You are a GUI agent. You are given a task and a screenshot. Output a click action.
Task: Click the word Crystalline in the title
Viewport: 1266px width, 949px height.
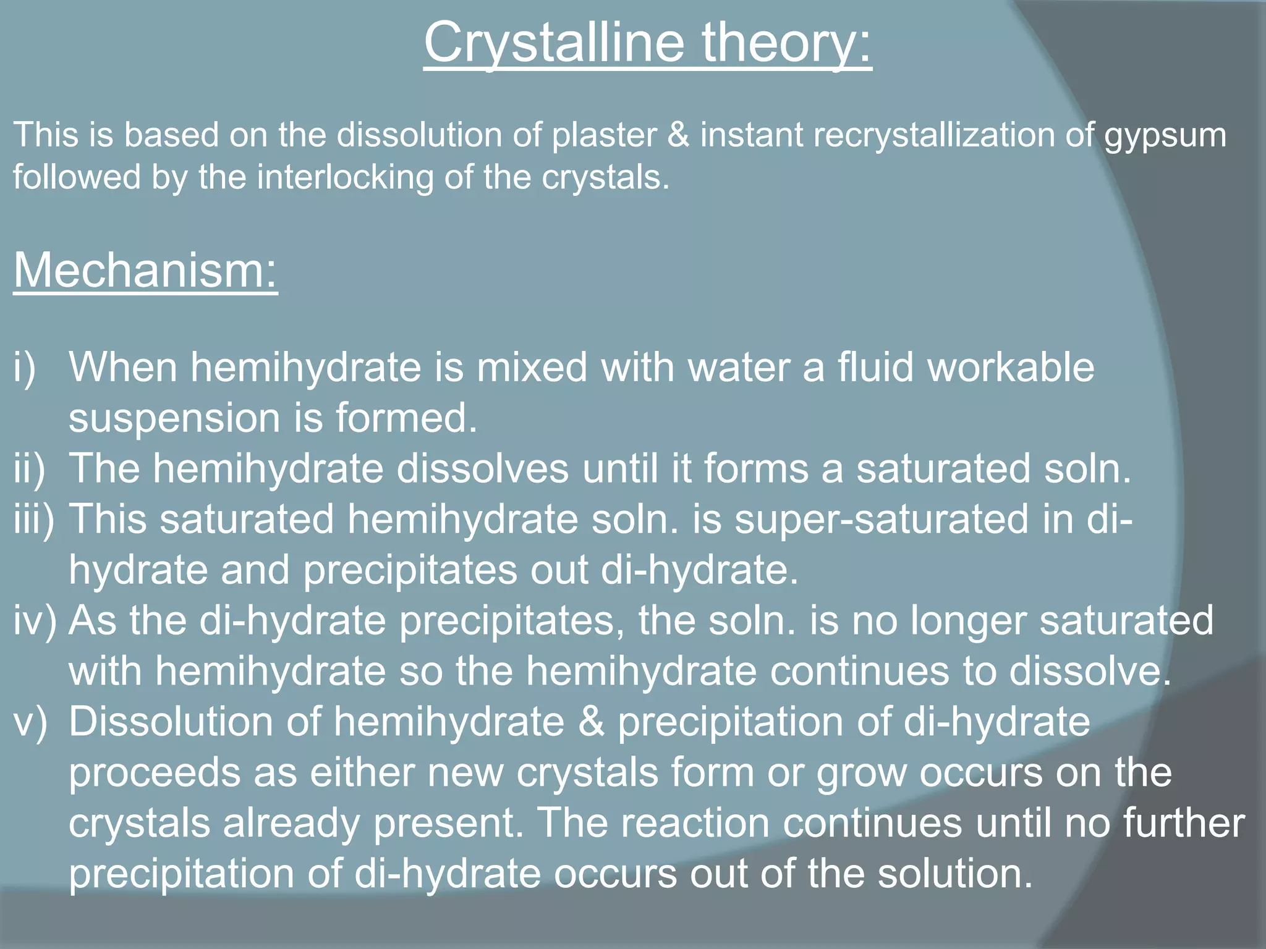553,43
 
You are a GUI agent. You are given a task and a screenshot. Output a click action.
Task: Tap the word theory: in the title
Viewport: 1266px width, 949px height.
786,43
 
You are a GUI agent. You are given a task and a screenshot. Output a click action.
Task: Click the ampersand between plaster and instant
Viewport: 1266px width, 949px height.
678,135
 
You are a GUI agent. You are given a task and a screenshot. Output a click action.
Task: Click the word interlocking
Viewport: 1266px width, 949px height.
345,178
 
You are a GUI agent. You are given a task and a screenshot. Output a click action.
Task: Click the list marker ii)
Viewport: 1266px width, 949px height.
29,469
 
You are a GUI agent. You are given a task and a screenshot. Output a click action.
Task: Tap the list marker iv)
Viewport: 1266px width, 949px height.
35,621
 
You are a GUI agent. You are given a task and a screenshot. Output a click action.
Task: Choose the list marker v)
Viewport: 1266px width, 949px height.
30,722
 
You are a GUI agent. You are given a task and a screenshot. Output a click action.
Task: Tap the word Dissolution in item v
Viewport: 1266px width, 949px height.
171,722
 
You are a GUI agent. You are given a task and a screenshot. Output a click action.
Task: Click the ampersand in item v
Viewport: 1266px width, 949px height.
592,722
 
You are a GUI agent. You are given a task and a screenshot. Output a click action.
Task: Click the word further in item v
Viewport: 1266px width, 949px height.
1183,823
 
